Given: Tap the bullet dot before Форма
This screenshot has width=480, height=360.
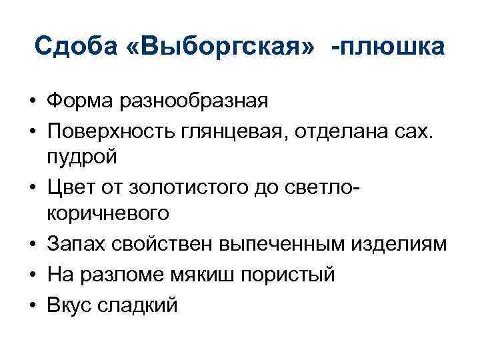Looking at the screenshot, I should pyautogui.click(x=32, y=101).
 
